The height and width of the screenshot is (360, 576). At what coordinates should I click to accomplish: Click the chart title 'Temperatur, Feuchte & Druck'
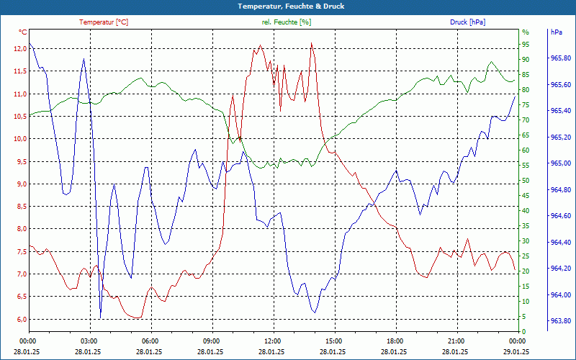[x=288, y=6]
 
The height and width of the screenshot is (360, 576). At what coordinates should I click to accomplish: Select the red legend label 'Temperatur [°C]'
[x=104, y=22]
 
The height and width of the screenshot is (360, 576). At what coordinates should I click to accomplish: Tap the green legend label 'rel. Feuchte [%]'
[x=287, y=22]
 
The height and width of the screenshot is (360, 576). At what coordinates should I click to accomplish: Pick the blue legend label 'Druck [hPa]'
[x=467, y=22]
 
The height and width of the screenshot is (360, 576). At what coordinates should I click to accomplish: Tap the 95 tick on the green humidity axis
[x=526, y=44]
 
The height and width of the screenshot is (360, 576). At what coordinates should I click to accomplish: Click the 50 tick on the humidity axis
[x=526, y=180]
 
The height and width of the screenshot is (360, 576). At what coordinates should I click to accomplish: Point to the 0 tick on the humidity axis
[x=523, y=331]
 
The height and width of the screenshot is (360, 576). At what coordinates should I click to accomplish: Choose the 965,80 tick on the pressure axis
[x=560, y=58]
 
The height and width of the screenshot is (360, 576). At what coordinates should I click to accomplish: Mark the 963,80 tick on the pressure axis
[x=560, y=321]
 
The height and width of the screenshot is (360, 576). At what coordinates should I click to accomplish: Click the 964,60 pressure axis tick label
[x=560, y=216]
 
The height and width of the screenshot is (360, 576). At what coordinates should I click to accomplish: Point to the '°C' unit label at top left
[x=22, y=32]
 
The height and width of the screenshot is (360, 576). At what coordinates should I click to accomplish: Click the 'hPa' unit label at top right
[x=556, y=32]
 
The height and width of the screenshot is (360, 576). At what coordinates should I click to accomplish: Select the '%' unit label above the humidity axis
[x=526, y=32]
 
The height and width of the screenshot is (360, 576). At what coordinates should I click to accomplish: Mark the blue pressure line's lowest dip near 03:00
[x=100, y=316]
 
